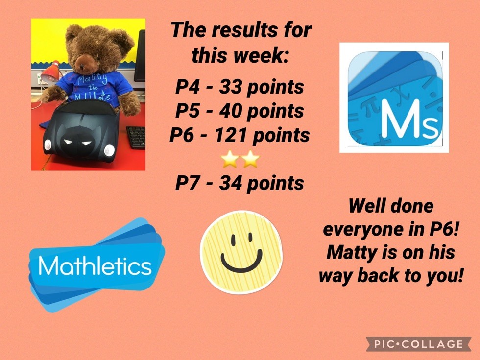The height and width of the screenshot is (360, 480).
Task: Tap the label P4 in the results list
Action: (187, 87)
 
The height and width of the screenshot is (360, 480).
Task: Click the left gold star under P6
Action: (230, 159)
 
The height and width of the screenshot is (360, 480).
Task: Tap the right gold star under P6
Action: (250, 159)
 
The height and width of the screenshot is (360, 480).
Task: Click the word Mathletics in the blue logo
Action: (95, 265)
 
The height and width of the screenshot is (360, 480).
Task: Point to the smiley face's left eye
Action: (233, 240)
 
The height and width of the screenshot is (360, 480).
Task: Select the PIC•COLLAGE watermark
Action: (418, 344)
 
